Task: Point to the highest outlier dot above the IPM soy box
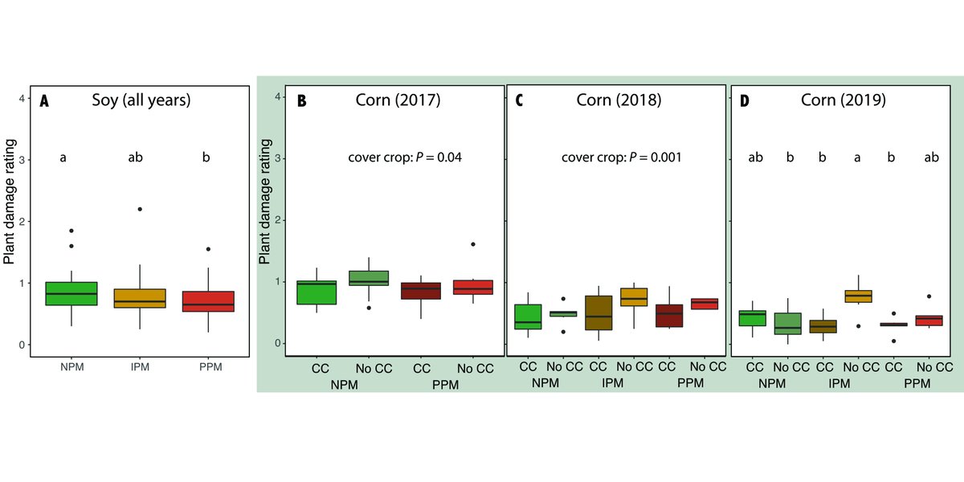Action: click(139, 209)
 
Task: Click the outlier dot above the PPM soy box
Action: click(207, 249)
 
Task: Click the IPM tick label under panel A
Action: click(139, 367)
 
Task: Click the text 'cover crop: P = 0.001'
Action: click(621, 157)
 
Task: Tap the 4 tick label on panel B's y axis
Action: click(277, 96)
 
